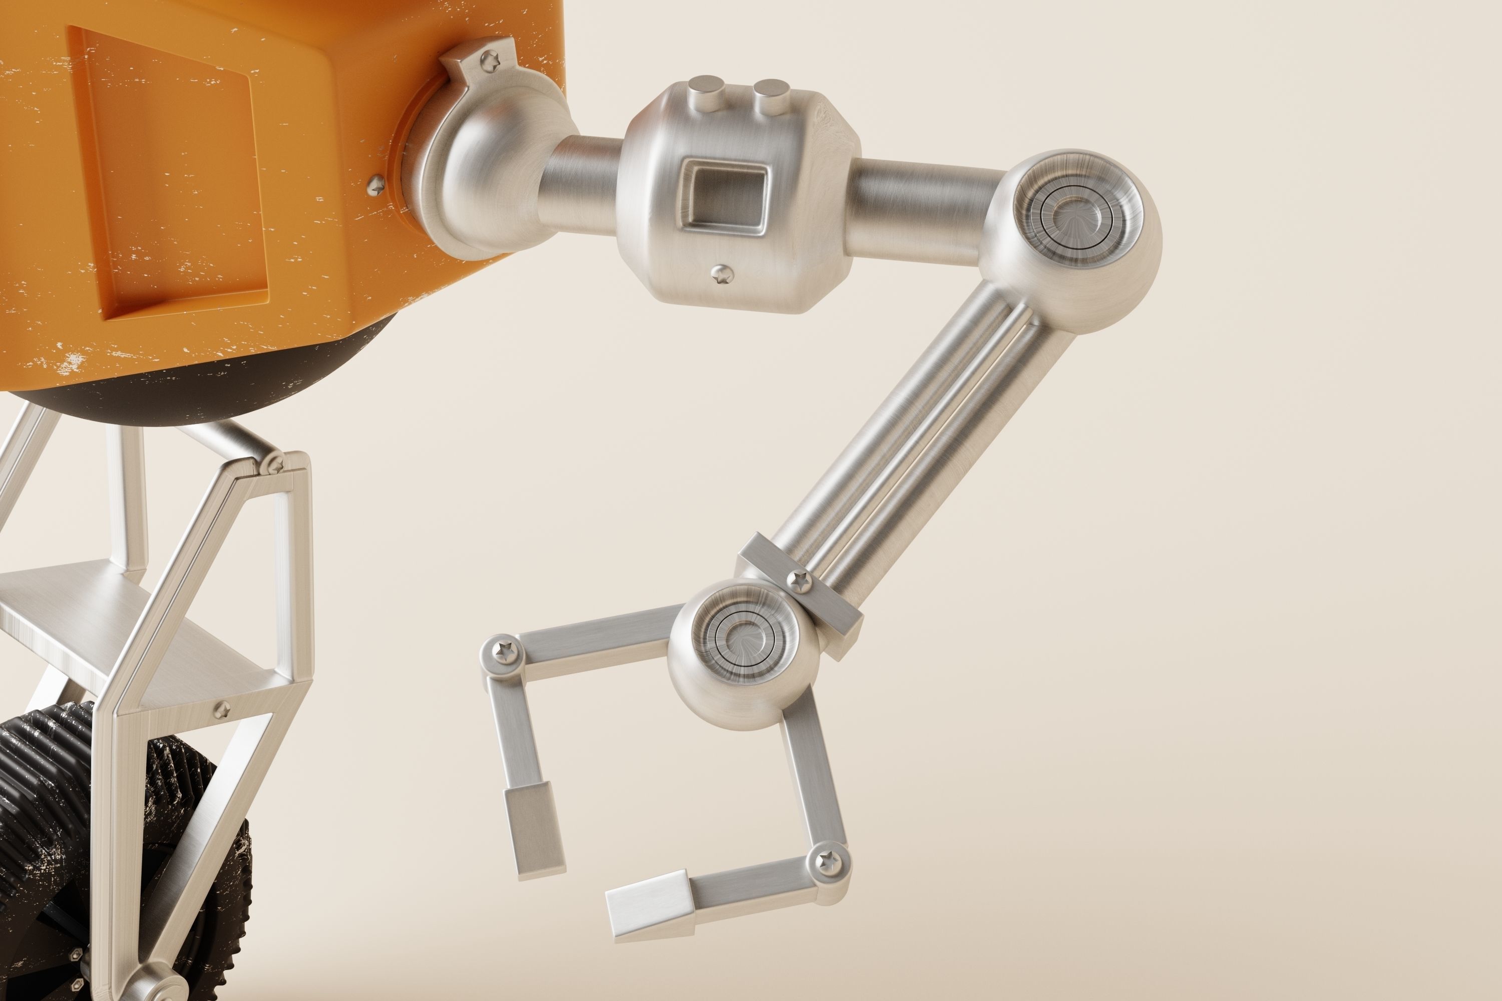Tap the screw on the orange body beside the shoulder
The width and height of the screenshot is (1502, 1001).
pos(376,186)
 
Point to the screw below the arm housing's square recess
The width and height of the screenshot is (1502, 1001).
pos(722,275)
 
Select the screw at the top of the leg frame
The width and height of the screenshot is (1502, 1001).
pos(276,464)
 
